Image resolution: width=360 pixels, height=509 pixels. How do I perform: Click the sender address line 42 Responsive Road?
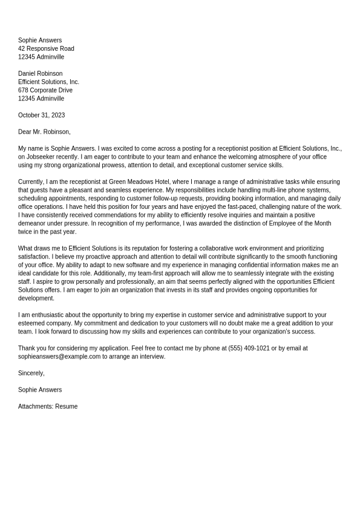click(46, 48)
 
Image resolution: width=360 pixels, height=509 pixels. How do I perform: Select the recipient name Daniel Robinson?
click(40, 73)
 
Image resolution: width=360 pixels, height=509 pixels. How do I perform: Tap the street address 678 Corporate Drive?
click(45, 90)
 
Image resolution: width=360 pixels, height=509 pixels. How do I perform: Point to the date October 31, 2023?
click(41, 115)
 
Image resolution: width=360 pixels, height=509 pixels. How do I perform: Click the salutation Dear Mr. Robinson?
click(44, 131)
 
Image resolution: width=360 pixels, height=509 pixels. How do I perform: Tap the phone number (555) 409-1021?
click(249, 348)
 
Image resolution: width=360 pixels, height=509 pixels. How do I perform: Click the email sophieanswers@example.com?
click(59, 356)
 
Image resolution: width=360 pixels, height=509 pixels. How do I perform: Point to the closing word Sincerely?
click(31, 373)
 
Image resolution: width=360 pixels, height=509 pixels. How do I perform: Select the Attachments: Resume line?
click(48, 406)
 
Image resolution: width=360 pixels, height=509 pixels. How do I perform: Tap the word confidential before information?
click(227, 265)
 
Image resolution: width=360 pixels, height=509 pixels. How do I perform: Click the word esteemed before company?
click(34, 323)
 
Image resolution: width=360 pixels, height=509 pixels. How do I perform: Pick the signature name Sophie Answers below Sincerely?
click(40, 390)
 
